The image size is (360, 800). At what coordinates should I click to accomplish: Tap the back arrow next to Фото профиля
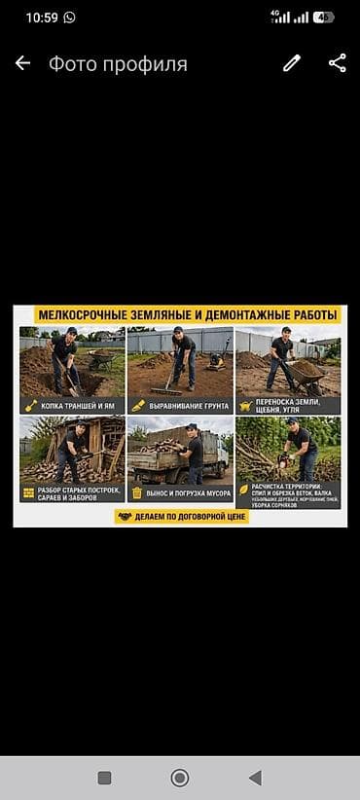click(22, 63)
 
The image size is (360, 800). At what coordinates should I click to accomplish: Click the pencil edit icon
click(292, 63)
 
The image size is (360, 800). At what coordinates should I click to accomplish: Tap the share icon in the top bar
click(337, 63)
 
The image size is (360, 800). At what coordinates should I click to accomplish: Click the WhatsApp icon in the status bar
click(70, 17)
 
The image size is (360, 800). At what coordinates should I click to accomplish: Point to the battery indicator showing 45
click(322, 17)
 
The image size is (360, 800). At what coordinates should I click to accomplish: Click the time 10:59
click(42, 17)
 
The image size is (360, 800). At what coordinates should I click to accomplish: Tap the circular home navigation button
click(180, 778)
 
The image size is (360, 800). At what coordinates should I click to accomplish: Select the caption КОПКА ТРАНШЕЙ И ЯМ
click(79, 405)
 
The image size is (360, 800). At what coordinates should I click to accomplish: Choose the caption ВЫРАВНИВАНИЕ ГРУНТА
click(187, 405)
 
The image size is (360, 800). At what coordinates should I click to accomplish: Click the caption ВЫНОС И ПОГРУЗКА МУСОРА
click(187, 493)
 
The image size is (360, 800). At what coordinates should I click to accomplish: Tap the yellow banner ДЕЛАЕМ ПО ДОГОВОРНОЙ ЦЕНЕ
click(181, 517)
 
